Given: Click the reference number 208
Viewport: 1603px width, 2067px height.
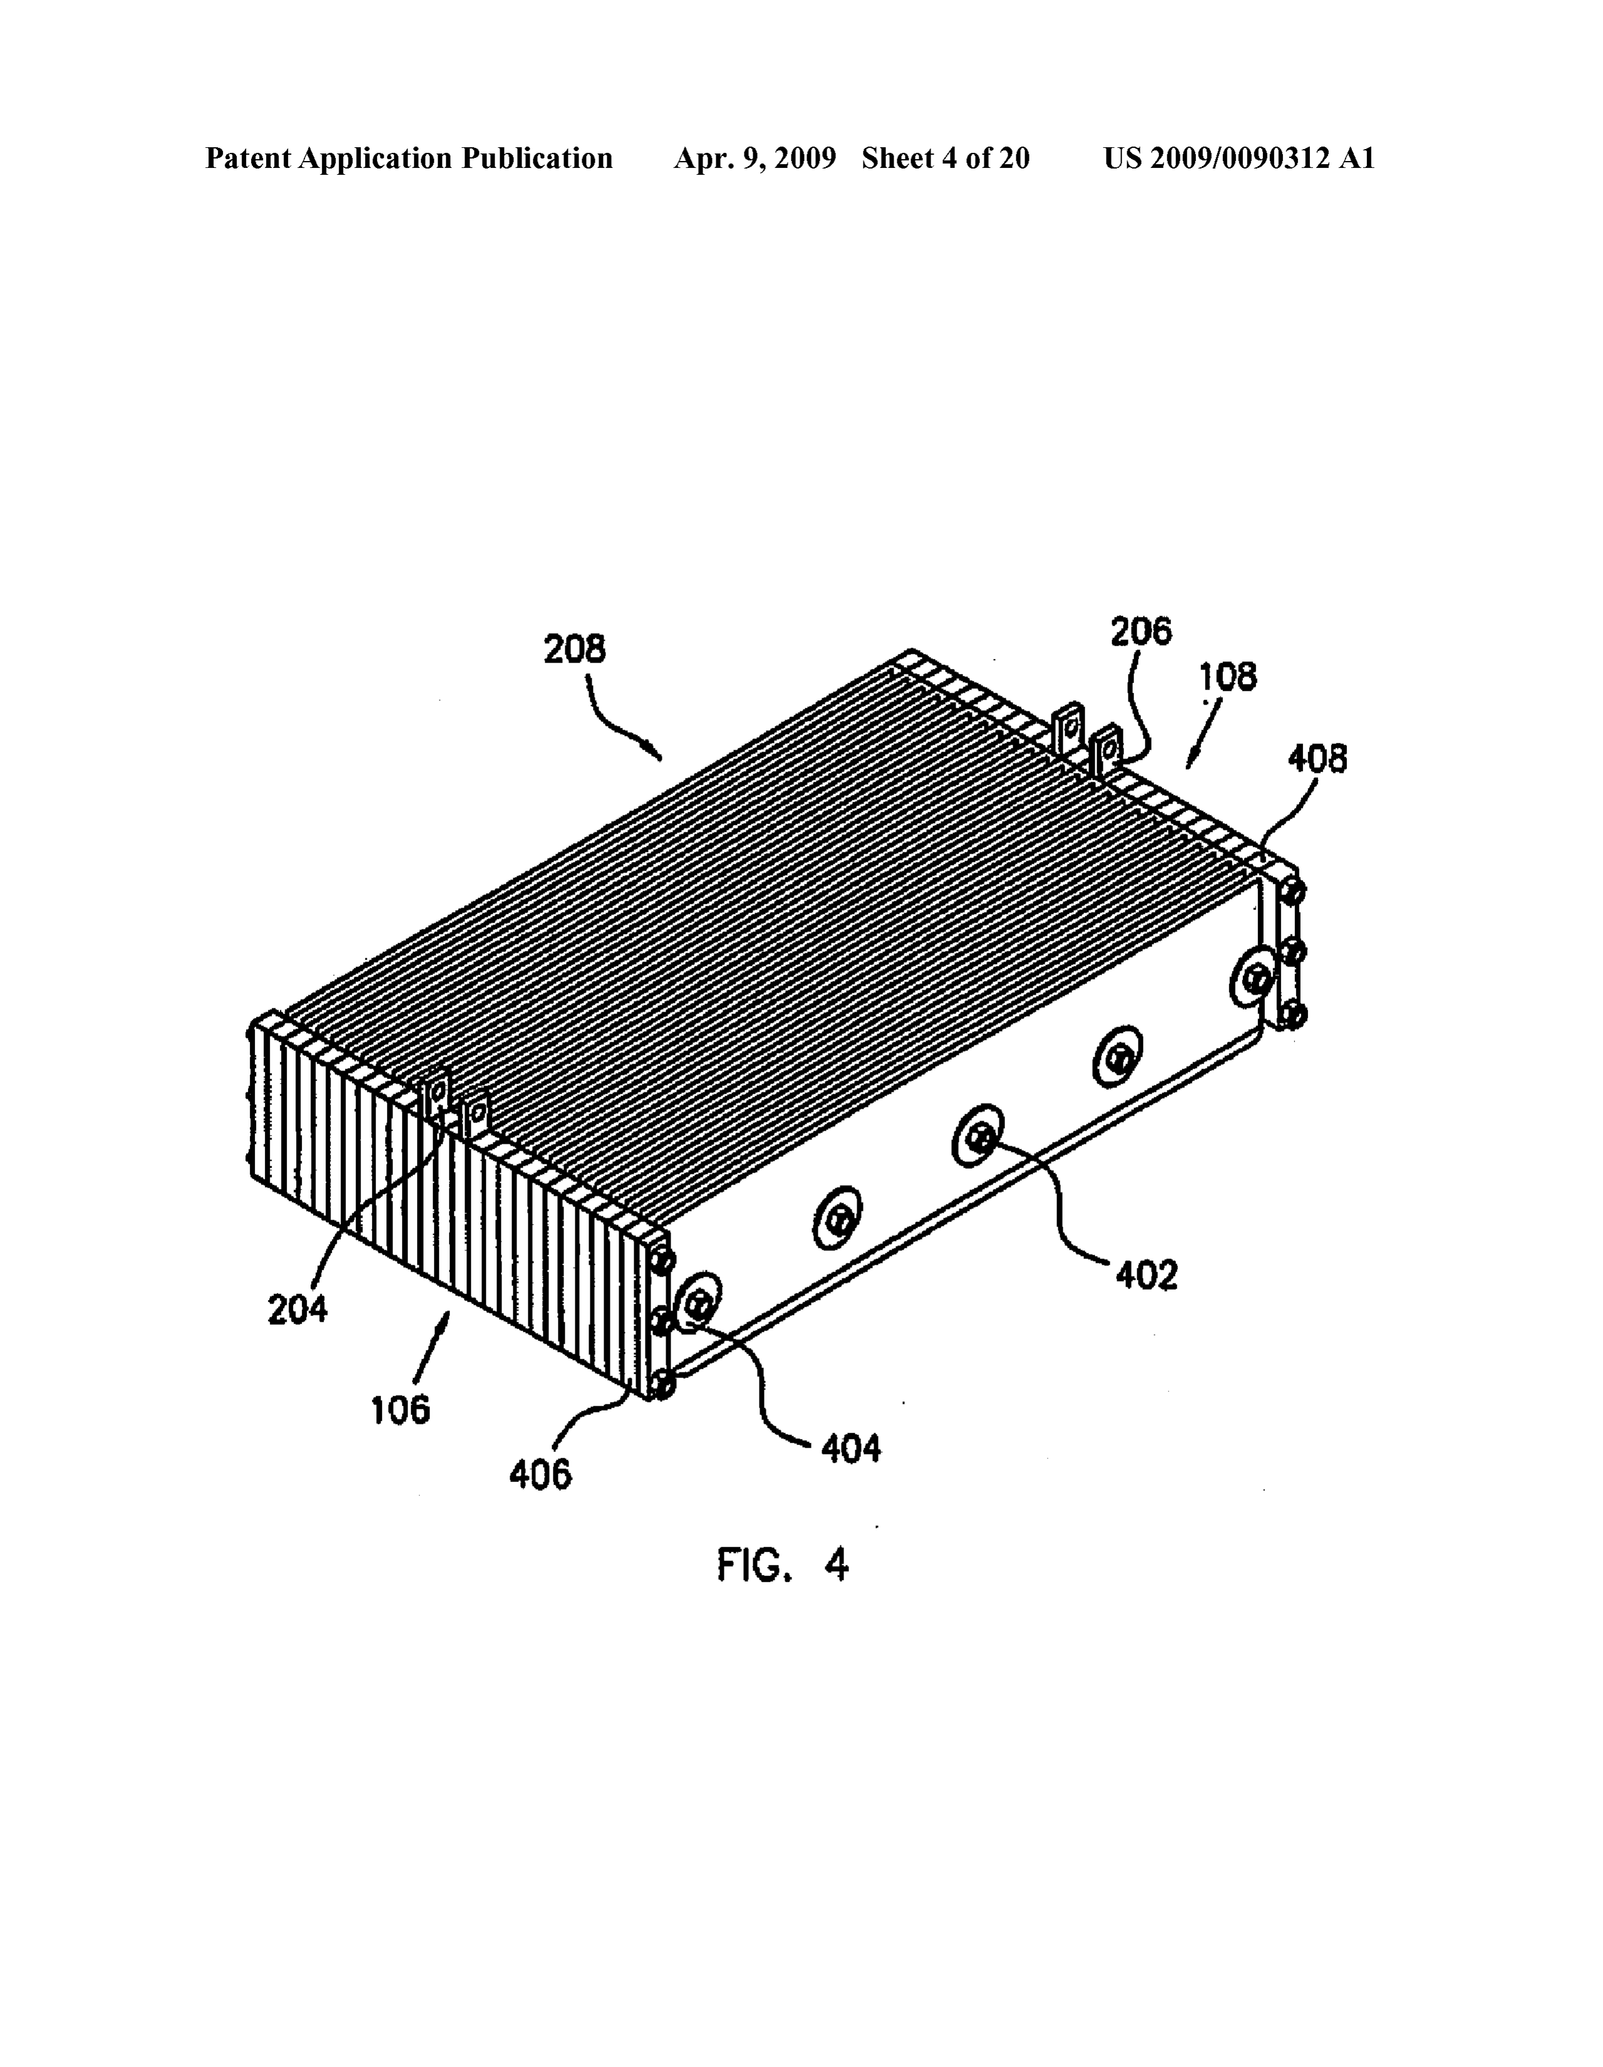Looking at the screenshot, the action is pyautogui.click(x=574, y=650).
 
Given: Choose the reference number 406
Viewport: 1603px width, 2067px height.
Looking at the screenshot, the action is pyautogui.click(x=540, y=1474).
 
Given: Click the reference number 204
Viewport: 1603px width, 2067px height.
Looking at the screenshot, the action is pyautogui.click(x=297, y=1310).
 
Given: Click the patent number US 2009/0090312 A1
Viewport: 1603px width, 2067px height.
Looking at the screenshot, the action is pyautogui.click(x=1239, y=158).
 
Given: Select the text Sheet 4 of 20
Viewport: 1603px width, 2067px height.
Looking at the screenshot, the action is pyautogui.click(x=946, y=158).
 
